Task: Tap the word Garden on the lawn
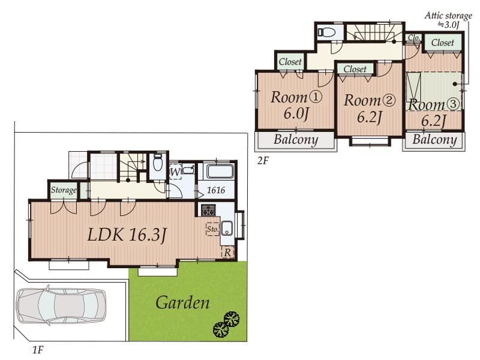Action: (x=182, y=302)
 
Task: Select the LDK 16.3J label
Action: (x=127, y=235)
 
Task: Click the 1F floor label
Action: (x=38, y=350)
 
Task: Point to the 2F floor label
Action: (x=263, y=160)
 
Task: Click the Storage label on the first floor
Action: (x=64, y=190)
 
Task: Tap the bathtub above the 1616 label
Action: (x=220, y=172)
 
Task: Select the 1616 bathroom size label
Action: (x=216, y=190)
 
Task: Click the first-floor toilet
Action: (x=158, y=163)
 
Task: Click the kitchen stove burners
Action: (x=208, y=210)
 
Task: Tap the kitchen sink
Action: (x=227, y=228)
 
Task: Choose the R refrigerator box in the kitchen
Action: (x=227, y=253)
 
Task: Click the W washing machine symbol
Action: (x=175, y=172)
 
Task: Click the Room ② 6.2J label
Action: (x=369, y=109)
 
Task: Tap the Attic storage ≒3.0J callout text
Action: (x=448, y=20)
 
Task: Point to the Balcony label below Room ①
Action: (x=296, y=140)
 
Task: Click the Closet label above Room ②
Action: (x=355, y=69)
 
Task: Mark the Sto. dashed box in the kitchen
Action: (x=213, y=229)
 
